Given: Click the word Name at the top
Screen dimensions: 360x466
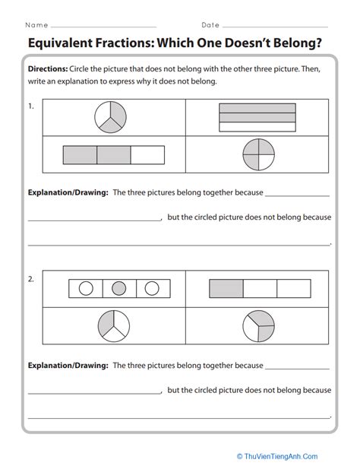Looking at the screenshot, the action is pyautogui.click(x=36, y=25).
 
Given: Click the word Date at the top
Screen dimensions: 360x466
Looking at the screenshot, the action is pyautogui.click(x=210, y=25).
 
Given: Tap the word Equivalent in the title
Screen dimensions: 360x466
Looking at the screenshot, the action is pyautogui.click(x=60, y=43).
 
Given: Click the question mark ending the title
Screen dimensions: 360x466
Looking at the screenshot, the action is pyautogui.click(x=319, y=43).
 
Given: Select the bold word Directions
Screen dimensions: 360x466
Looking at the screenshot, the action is pyautogui.click(x=48, y=69).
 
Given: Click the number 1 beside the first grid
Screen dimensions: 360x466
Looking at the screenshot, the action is pyautogui.click(x=31, y=106).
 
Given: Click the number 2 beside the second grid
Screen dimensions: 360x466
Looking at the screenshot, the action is pyautogui.click(x=31, y=279).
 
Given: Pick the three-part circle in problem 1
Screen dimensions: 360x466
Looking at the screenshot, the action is pyautogui.click(x=110, y=117).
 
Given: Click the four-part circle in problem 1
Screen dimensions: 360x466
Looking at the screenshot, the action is pyautogui.click(x=259, y=154).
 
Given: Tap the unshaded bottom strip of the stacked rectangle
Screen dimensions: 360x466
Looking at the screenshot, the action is pyautogui.click(x=257, y=127).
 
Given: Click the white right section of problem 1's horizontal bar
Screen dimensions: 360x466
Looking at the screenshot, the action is pyautogui.click(x=147, y=155).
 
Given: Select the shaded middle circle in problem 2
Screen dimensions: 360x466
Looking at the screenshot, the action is pyautogui.click(x=118, y=288).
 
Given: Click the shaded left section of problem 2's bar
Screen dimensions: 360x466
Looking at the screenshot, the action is pyautogui.click(x=226, y=288).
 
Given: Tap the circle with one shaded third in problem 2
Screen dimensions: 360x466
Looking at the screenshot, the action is pyautogui.click(x=114, y=326).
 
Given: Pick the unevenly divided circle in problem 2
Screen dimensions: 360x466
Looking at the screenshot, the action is pyautogui.click(x=259, y=326).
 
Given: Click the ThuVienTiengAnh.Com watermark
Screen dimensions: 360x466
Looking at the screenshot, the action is pyautogui.click(x=277, y=456).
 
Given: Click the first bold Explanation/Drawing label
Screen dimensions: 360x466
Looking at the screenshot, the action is pyautogui.click(x=68, y=192).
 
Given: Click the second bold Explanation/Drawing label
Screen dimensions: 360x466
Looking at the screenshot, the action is pyautogui.click(x=68, y=365).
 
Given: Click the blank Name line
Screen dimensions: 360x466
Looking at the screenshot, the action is pyautogui.click(x=103, y=27).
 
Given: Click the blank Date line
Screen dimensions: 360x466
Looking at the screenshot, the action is pyautogui.click(x=276, y=27).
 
